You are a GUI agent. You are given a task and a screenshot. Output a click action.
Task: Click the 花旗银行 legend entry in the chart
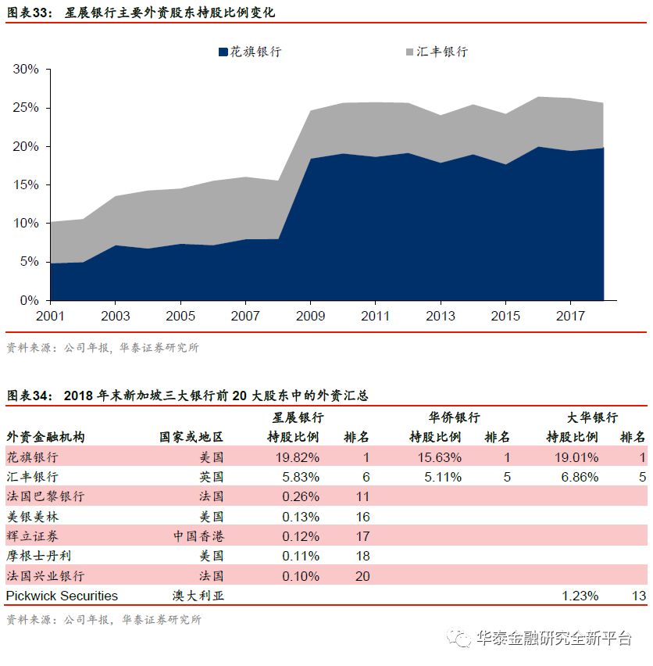pyautogui.click(x=249, y=52)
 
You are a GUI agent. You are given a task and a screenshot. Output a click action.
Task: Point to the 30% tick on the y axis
pyautogui.click(x=26, y=70)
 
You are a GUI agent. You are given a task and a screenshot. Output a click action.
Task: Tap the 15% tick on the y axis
pyautogui.click(x=26, y=184)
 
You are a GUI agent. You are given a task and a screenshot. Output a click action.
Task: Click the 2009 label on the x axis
pyautogui.click(x=310, y=317)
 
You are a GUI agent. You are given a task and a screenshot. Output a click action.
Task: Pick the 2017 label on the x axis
pyautogui.click(x=570, y=317)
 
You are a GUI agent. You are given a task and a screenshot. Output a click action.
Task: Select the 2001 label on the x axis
pyautogui.click(x=50, y=317)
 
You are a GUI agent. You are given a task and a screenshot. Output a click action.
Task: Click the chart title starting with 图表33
pyautogui.click(x=141, y=13)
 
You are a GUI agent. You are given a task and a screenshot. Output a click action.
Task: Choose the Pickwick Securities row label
pyautogui.click(x=62, y=596)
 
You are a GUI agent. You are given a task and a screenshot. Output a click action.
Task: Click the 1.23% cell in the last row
pyautogui.click(x=580, y=596)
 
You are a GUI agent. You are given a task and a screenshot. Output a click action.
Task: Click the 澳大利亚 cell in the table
pyautogui.click(x=198, y=596)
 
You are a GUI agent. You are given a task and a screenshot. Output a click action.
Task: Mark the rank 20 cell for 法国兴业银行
pyautogui.click(x=361, y=576)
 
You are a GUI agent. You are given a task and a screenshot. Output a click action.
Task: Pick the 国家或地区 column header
pyautogui.click(x=191, y=437)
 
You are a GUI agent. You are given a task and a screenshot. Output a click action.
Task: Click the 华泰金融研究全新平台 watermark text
pyautogui.click(x=553, y=639)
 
